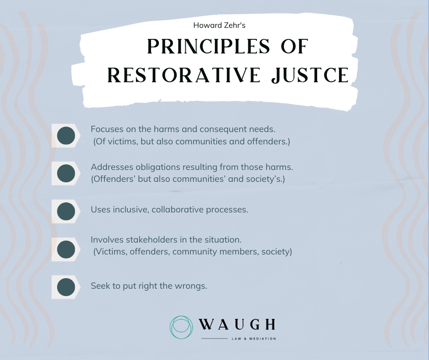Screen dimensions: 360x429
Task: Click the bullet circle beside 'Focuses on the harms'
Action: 67,135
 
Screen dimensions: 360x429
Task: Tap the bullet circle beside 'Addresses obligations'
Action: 67,173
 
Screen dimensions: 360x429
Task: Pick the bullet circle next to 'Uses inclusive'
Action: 67,211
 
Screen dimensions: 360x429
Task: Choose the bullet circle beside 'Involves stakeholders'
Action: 67,249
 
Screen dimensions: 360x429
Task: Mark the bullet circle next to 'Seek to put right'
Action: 67,287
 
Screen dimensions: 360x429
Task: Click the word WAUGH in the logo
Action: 237,325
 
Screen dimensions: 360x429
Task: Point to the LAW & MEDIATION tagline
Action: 254,339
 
